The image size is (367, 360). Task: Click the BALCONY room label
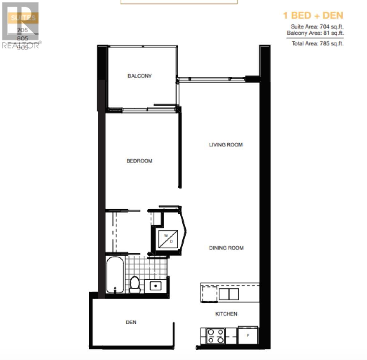click(140, 76)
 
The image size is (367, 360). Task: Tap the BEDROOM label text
click(139, 161)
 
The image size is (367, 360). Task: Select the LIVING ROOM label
click(226, 145)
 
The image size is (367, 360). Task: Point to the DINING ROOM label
click(226, 248)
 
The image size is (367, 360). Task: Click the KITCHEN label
click(226, 314)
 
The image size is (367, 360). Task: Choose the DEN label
click(131, 322)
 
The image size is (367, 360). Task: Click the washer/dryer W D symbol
click(168, 239)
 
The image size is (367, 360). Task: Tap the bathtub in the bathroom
click(115, 275)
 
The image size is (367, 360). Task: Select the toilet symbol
click(135, 284)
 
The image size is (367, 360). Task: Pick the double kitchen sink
click(229, 294)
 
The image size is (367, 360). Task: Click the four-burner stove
click(216, 336)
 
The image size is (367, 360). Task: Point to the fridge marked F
click(248, 336)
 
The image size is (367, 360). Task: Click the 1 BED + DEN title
click(313, 15)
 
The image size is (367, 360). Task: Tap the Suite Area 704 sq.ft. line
click(317, 27)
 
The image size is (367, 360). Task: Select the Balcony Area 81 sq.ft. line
click(315, 33)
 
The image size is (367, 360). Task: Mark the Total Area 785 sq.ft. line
click(317, 44)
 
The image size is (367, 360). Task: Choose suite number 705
click(23, 30)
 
